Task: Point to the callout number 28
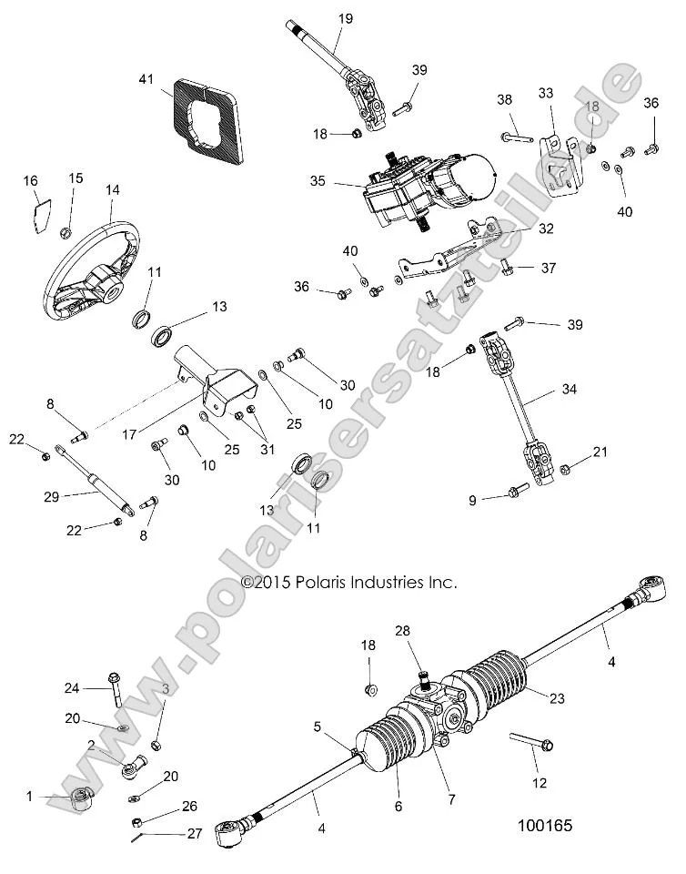(x=402, y=630)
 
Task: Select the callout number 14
(x=112, y=190)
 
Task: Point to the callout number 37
(x=549, y=268)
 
